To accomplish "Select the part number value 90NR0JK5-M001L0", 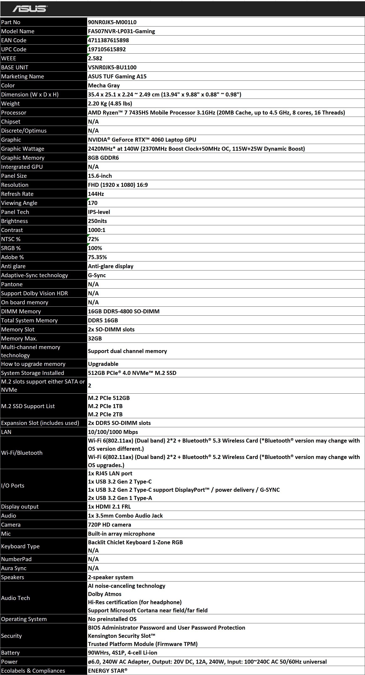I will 112,22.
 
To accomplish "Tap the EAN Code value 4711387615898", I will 108,40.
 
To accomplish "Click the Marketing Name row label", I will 22,76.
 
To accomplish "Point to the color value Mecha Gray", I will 104,85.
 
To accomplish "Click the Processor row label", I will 14,113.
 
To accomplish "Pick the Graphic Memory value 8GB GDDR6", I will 103,158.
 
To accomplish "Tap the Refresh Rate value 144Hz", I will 96,194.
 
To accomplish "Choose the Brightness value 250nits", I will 97,221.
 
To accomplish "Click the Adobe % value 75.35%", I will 97,257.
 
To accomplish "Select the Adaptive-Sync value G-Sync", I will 97,275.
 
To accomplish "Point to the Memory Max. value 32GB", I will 95,338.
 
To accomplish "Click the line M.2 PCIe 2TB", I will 105,414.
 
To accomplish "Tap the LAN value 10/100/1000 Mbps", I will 113,432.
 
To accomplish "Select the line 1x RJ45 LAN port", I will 110,473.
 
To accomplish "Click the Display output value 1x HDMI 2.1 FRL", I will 109,506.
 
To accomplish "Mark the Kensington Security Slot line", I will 122,636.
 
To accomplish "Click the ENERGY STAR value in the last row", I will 108,671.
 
